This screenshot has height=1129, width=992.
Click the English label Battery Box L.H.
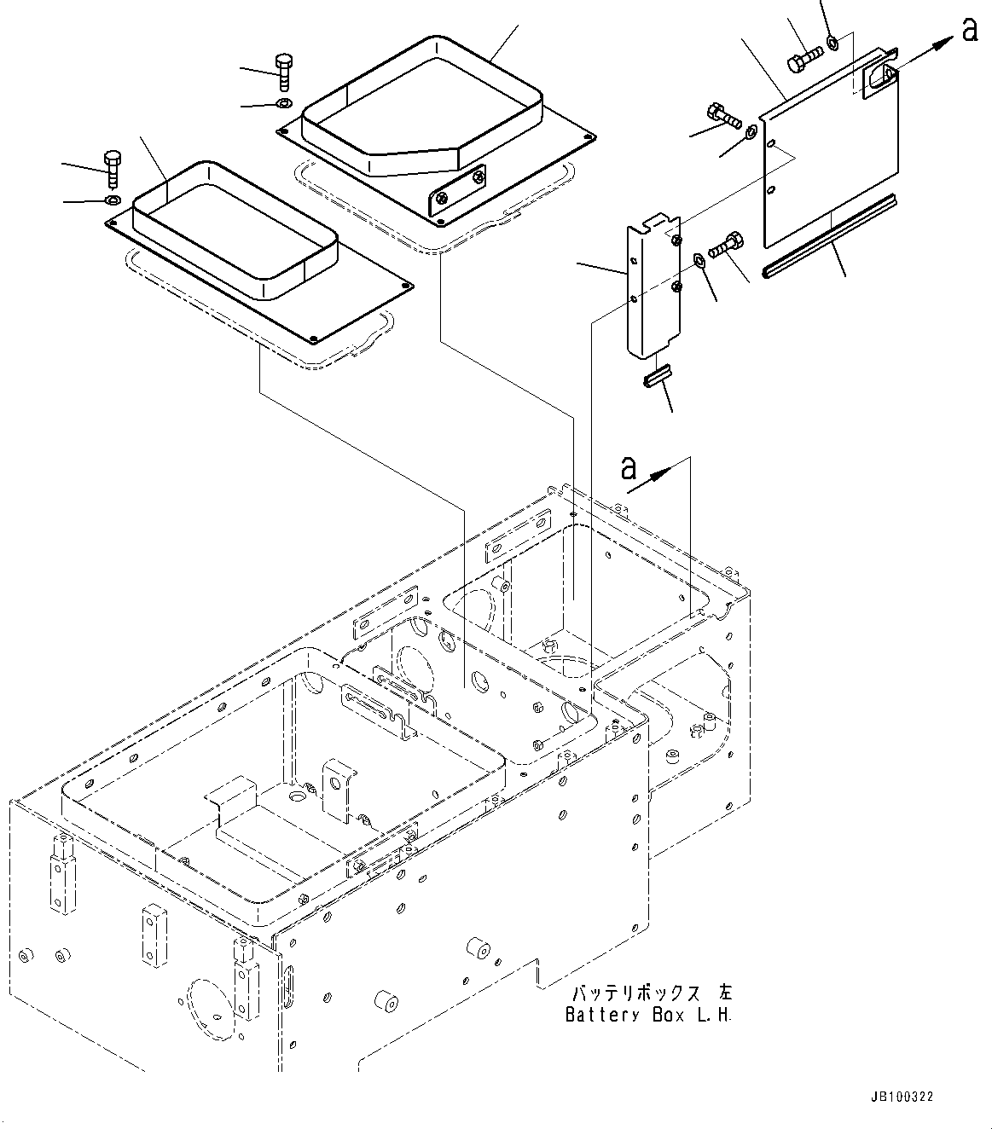click(648, 1015)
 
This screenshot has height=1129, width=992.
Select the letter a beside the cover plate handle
click(969, 30)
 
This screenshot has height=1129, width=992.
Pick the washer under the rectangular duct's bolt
click(113, 200)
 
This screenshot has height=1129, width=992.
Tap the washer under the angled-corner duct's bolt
click(284, 105)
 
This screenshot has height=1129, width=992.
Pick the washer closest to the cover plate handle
click(832, 41)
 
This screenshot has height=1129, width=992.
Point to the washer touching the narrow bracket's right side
click(699, 258)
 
